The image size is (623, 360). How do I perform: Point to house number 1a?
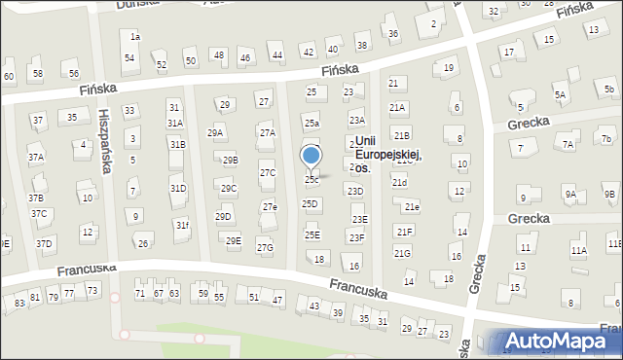pos(136,37)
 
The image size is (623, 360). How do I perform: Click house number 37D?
pos(44,242)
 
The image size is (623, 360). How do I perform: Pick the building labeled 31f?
pos(182,226)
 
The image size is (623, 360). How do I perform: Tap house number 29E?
pos(233,240)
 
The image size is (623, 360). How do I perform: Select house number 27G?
pos(265,247)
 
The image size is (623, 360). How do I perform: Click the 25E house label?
pos(311,234)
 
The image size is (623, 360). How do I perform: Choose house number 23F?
pos(357,237)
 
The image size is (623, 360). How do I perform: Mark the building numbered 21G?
pos(402,253)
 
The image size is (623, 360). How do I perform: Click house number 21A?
pos(397,107)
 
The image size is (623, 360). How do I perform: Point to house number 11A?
pos(579,250)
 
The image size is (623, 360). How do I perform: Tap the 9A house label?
pos(570,194)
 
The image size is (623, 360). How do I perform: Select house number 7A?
pos(568,145)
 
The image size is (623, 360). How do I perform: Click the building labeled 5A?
pos(560,94)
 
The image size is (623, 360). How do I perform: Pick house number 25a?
pos(311,124)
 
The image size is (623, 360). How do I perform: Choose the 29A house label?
pos(215,132)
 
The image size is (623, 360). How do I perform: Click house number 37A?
pos(35,156)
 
